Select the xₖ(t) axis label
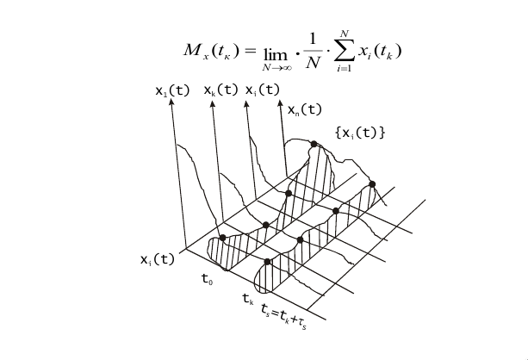(221, 89)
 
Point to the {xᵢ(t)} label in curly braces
(359, 133)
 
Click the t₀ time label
(208, 279)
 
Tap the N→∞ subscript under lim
(281, 66)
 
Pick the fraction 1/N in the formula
(309, 51)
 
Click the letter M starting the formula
(192, 49)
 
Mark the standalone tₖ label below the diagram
(248, 300)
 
